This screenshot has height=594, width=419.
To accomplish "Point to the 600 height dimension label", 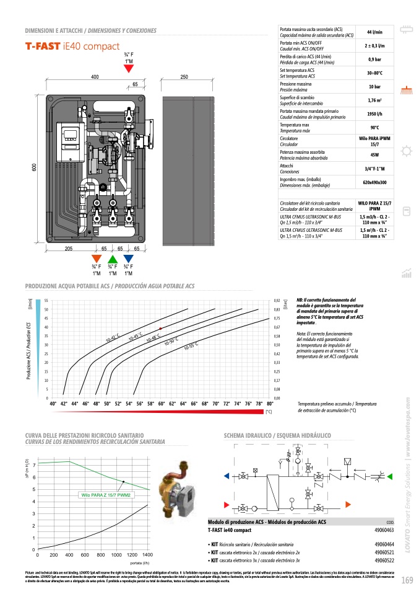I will (34, 168).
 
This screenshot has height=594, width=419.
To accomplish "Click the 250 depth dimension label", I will (184, 77).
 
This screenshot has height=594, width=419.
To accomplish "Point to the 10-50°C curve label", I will (171, 340).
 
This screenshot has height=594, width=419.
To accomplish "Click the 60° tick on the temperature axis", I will (161, 404).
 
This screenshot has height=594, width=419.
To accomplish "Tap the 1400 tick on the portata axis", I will (147, 554).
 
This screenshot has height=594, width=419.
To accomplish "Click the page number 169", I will (407, 580).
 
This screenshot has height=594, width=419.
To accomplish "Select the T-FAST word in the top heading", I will (42, 46).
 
